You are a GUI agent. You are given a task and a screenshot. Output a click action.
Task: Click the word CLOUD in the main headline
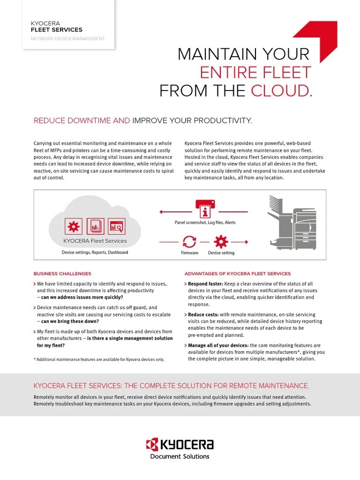pos(281,90)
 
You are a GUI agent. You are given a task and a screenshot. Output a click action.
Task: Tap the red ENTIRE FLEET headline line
pos(255,72)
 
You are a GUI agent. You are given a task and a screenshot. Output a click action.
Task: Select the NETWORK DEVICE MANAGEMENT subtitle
pos(68,38)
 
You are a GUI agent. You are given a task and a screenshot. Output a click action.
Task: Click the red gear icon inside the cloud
pos(74,227)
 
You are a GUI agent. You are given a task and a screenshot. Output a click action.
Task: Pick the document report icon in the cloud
pos(95,227)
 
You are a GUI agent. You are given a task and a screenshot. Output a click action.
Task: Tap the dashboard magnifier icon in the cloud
pos(116,227)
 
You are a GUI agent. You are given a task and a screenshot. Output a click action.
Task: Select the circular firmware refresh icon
pos(189,242)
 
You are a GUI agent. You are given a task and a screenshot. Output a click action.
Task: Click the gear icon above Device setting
pos(220,242)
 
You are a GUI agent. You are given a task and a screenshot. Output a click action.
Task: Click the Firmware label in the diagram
pos(189,253)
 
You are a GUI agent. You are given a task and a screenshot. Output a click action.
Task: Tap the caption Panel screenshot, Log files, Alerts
pos(205,223)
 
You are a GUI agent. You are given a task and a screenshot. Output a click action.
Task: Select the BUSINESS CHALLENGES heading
pos(62,274)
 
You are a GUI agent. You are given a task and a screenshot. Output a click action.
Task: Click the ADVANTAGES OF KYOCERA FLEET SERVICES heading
pos(238,274)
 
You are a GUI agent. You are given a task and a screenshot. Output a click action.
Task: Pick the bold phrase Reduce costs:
pos(203,315)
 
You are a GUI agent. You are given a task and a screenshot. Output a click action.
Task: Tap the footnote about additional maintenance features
pos(99,359)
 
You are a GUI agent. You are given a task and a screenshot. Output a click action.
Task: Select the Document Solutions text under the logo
pos(180,456)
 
